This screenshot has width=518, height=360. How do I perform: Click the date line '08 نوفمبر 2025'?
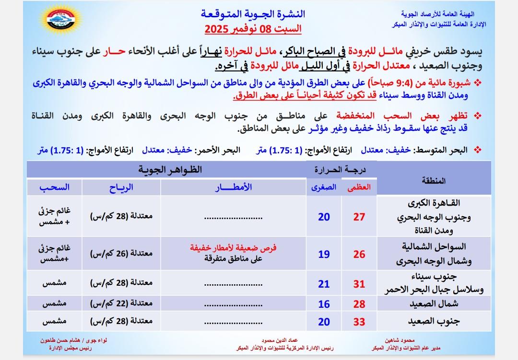coord(253,29)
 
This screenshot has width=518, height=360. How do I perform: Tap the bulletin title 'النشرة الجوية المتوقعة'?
coord(253,13)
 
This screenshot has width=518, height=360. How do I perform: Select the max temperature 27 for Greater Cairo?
coord(359,217)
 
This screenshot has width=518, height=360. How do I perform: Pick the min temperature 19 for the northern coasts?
coord(324,254)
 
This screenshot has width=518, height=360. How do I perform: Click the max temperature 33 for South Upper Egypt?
coord(359,322)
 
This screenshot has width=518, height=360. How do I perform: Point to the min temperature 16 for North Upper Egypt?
coord(324,304)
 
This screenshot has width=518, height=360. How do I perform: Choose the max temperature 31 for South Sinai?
coord(359,284)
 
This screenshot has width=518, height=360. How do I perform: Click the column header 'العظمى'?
coord(359,188)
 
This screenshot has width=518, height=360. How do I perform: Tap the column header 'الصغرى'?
coord(324,188)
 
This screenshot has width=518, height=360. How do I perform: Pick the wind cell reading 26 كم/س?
coord(121,254)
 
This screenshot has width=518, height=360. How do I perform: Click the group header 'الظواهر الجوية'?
coord(170,170)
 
